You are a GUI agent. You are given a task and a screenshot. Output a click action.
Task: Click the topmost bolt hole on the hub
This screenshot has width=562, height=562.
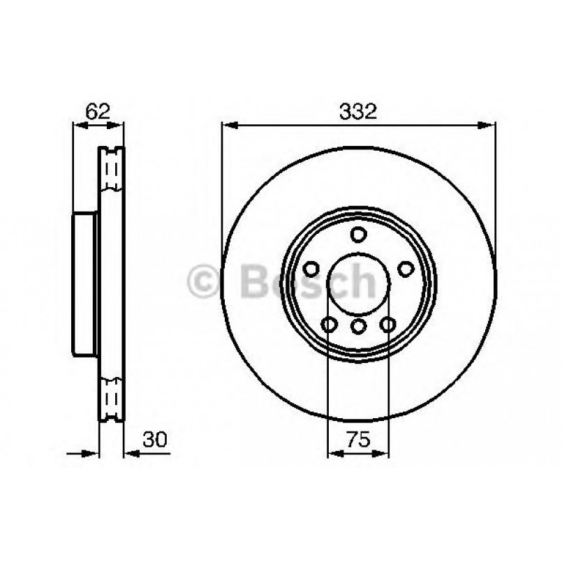[358, 234]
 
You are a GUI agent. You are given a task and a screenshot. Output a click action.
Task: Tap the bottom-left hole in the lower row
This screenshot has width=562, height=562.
[329, 324]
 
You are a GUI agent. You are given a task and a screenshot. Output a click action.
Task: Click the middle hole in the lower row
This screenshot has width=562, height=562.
[358, 325]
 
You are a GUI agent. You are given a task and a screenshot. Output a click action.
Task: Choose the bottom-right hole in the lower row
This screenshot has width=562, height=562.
[387, 324]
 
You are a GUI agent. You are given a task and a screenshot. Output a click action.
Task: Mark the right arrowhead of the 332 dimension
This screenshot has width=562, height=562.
[489, 126]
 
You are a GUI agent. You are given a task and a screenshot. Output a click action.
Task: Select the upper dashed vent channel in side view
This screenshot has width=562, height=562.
[111, 171]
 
